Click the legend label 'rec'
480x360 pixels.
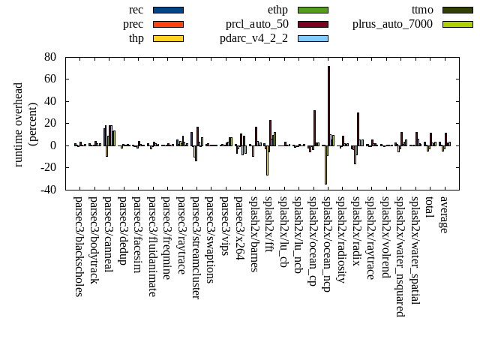136,10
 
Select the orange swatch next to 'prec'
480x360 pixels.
168,24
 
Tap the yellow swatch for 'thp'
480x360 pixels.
168,38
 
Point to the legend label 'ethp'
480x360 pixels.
277,10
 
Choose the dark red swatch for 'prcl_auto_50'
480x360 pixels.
313,24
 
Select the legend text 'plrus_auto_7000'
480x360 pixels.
392,24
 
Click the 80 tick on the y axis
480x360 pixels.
50,57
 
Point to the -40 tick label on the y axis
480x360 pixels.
48,190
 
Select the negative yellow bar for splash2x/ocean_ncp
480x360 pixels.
325,164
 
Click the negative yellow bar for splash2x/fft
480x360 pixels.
267,160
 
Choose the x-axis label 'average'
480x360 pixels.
443,214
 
